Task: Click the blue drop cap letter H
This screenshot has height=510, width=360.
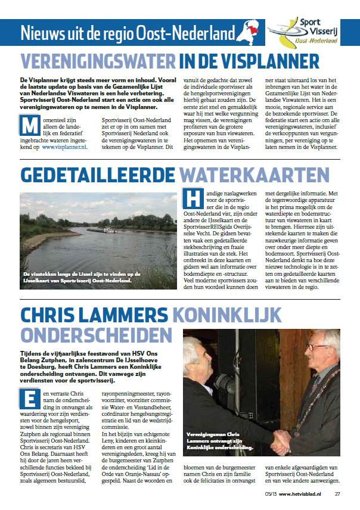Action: tap(193, 199)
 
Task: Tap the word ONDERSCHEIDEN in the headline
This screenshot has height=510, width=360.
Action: tap(88, 335)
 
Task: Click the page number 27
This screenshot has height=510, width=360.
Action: tap(337, 493)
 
